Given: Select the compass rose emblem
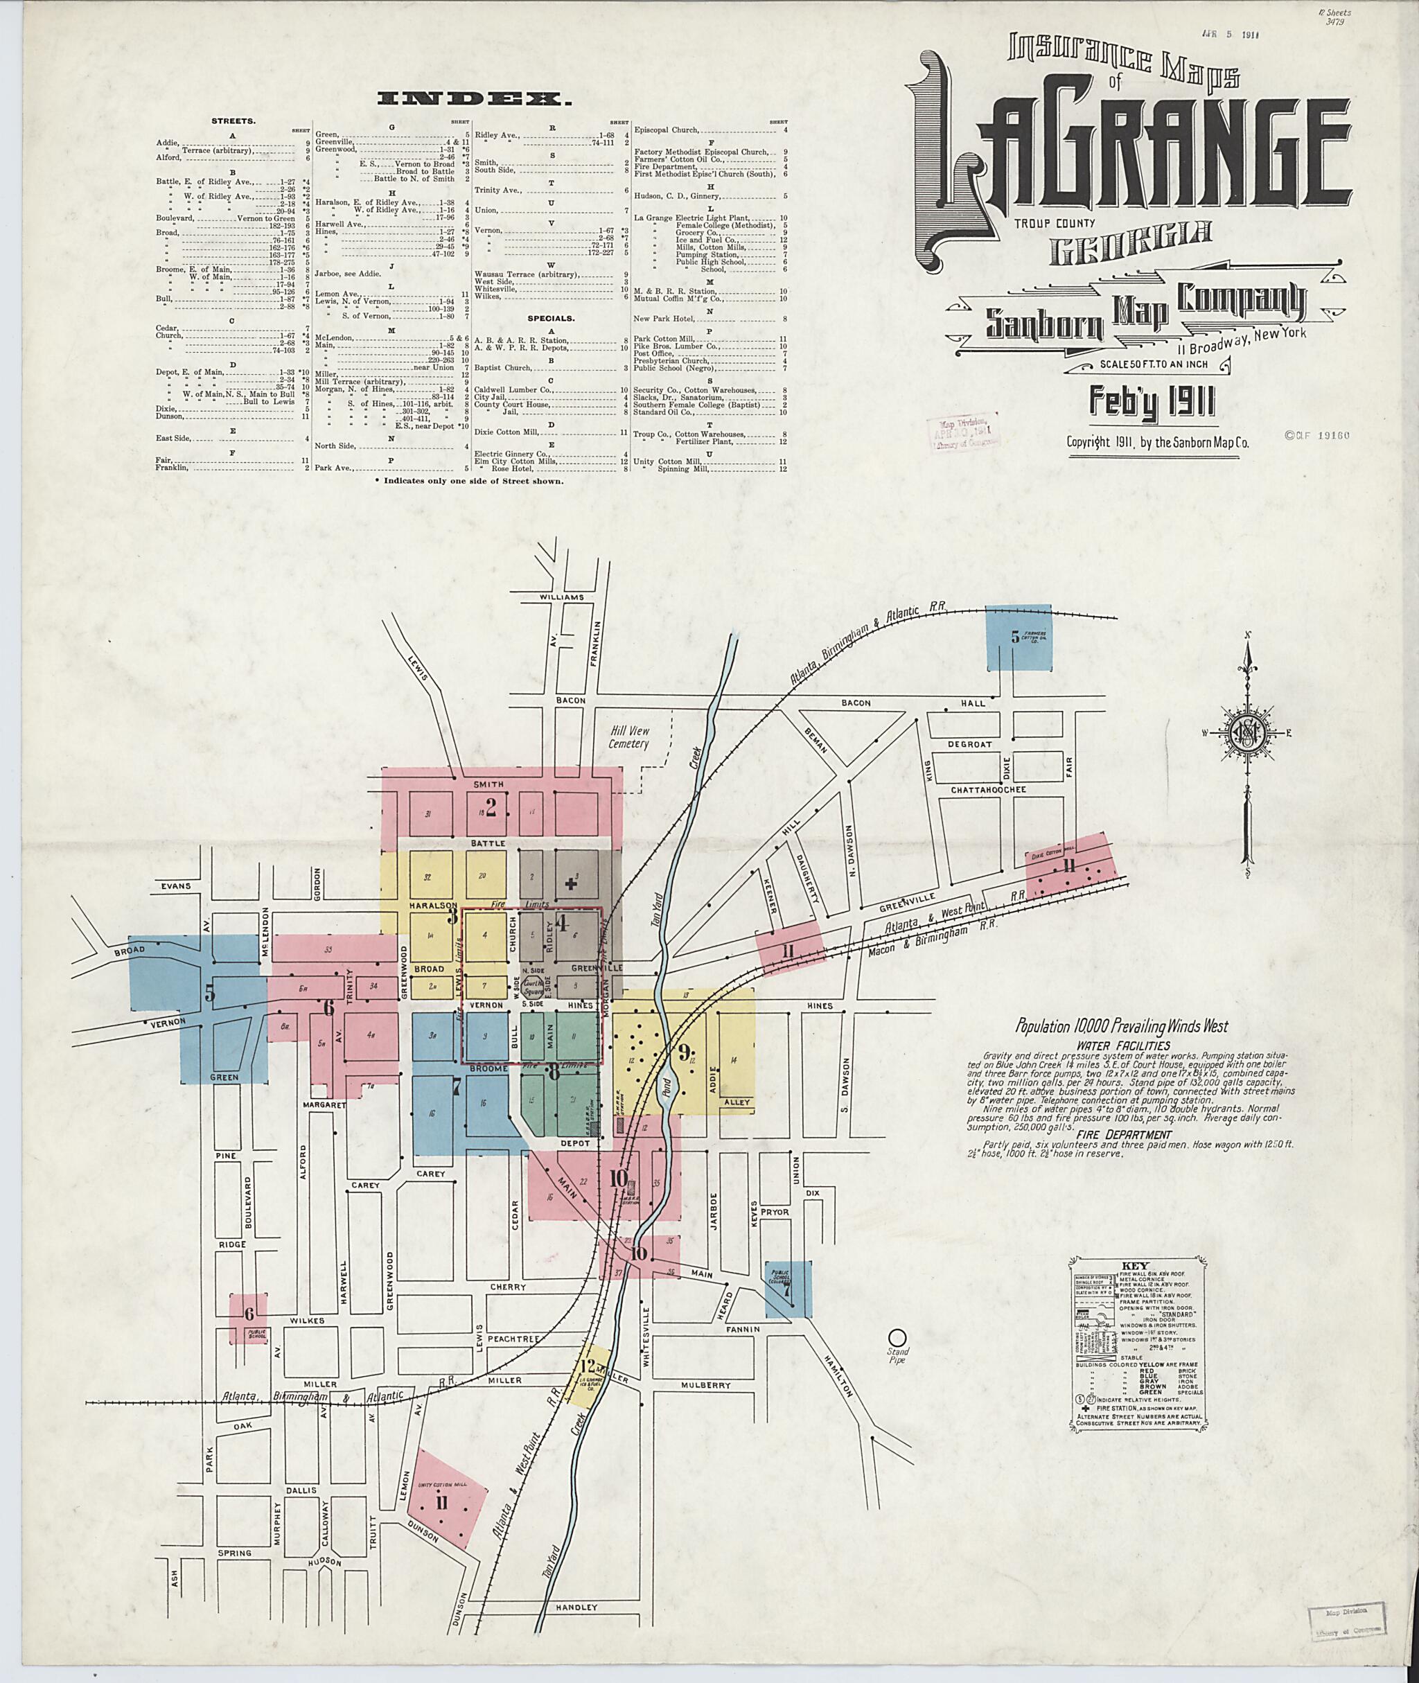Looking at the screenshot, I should (x=1247, y=733).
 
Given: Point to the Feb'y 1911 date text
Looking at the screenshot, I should (x=1151, y=401).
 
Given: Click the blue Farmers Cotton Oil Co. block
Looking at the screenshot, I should (x=1019, y=638).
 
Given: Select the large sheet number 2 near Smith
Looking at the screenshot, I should (x=491, y=808).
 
